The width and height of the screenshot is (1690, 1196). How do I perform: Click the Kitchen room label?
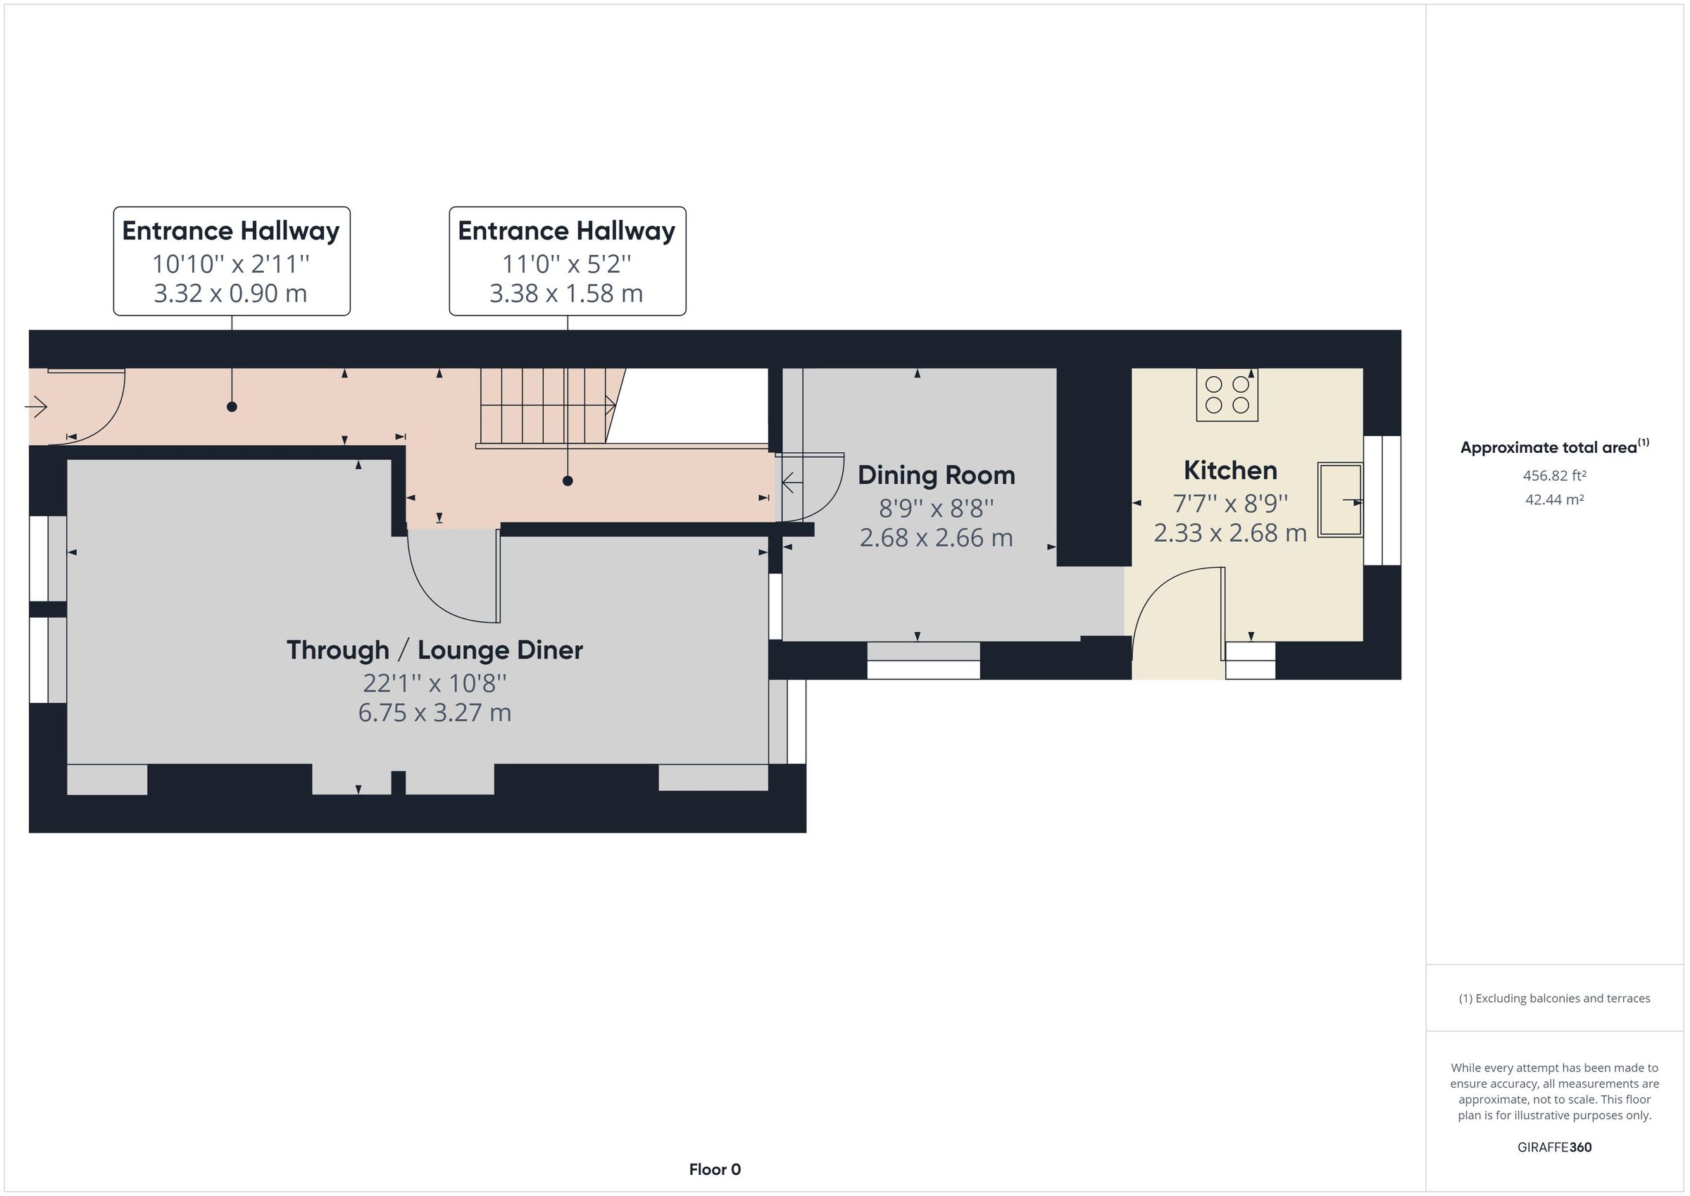tap(1229, 471)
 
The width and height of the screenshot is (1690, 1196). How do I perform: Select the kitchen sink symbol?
tap(1339, 499)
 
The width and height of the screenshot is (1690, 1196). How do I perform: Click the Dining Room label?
tap(936, 475)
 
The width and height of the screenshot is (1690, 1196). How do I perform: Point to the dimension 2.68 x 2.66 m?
tap(936, 537)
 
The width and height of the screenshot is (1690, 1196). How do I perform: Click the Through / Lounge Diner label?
tap(434, 650)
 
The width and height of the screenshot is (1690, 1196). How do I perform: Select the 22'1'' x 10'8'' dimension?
tap(434, 683)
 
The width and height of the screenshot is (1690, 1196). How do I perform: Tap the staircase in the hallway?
tap(546, 406)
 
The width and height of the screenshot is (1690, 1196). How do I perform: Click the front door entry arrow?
tap(37, 406)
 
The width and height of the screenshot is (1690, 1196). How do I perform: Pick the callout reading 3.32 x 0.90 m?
tap(231, 293)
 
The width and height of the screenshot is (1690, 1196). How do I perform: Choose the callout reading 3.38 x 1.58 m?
tap(567, 293)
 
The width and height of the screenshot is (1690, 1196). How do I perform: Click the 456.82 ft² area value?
tap(1554, 475)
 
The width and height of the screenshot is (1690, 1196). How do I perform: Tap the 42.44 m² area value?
tap(1554, 499)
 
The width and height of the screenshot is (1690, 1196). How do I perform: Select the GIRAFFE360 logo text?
tap(1554, 1147)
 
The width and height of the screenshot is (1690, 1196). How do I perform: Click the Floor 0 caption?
tap(714, 1169)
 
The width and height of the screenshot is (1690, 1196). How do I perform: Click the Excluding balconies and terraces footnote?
tap(1554, 998)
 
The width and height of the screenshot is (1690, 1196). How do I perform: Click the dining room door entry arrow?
tap(791, 483)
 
